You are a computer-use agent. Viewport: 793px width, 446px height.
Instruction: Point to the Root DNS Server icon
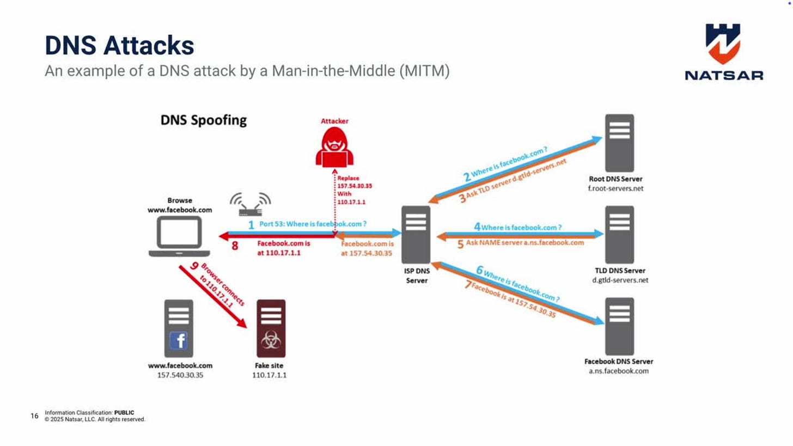click(619, 143)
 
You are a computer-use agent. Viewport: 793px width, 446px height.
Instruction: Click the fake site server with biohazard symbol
click(271, 328)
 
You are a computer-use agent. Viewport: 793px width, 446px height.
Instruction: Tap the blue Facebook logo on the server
click(179, 341)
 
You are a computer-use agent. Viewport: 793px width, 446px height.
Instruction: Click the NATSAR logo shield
click(723, 44)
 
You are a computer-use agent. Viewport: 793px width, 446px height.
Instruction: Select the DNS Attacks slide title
click(119, 45)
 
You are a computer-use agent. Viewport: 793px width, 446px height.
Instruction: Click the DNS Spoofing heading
click(203, 120)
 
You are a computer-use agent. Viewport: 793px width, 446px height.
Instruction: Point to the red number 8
click(235, 246)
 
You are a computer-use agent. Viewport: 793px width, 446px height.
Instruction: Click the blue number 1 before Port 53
click(251, 224)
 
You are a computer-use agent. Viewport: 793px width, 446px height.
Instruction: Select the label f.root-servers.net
click(615, 189)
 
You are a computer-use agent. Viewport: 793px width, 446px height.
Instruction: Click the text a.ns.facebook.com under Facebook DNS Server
click(619, 371)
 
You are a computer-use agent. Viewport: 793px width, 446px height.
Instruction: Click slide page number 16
click(34, 416)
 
